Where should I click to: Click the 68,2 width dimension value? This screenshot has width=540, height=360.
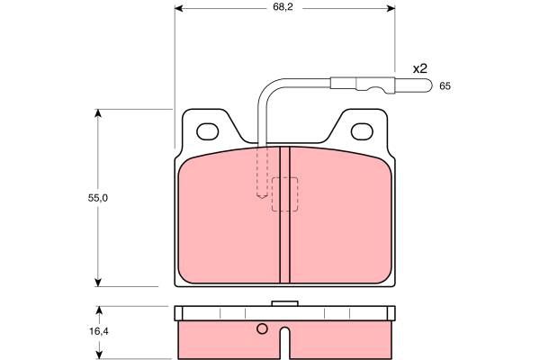tap(283, 7)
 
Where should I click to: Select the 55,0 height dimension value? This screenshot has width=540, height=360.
tap(98, 198)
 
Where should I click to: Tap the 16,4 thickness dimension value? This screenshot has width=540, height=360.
tap(99, 332)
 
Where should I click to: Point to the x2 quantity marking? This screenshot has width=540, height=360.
tap(420, 69)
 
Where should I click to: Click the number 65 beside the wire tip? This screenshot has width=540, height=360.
tap(445, 86)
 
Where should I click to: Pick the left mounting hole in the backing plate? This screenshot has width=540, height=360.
tap(207, 131)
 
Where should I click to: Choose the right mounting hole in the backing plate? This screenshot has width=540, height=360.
tap(362, 131)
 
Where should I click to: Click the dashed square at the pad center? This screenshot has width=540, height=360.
tap(284, 194)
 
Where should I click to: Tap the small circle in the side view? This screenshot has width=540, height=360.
tap(262, 329)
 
